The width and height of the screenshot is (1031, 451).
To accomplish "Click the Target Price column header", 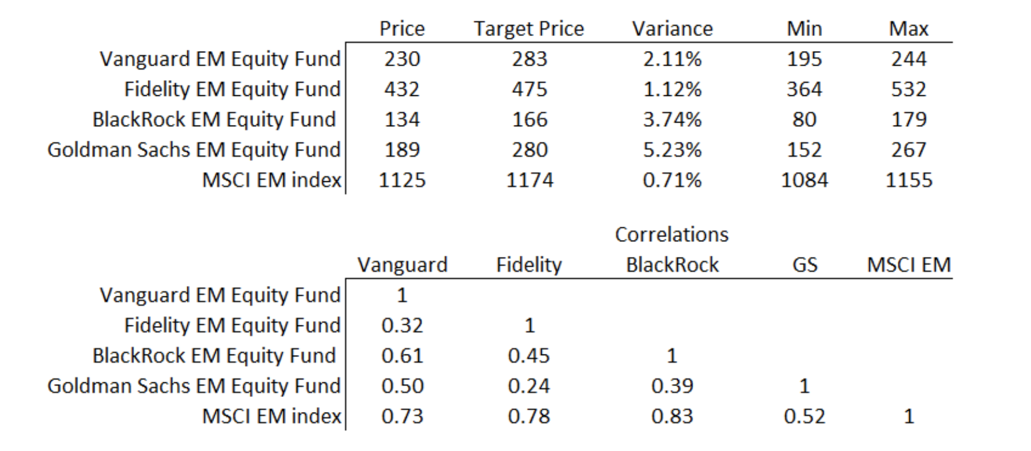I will tap(528, 28).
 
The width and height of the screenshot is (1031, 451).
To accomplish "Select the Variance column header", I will tap(672, 28).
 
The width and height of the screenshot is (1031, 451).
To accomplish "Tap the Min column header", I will tap(804, 28).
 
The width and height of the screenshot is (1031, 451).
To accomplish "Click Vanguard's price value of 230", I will tap(402, 59).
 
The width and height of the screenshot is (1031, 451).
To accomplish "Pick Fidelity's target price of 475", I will tap(529, 89).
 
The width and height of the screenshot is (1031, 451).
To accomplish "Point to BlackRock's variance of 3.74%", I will tap(672, 119).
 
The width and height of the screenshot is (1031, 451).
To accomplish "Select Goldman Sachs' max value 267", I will tap(908, 149).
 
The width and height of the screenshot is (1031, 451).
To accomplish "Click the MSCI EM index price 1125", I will tap(402, 180).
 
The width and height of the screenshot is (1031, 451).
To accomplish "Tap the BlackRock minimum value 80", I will tap(804, 119).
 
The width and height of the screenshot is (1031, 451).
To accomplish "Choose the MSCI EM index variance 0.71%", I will tap(672, 180).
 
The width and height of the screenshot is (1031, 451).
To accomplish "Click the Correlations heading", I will tap(671, 234).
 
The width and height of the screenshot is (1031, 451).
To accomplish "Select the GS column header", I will tap(805, 264).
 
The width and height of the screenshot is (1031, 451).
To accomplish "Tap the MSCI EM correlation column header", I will tap(908, 264).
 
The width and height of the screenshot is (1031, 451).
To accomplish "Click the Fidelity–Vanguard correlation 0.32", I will tap(402, 325).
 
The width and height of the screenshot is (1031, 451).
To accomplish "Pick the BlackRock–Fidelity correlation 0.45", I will tap(529, 355).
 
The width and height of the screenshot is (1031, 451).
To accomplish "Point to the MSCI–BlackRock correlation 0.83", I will tap(672, 416).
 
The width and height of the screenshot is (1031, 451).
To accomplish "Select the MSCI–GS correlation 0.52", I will tap(804, 416).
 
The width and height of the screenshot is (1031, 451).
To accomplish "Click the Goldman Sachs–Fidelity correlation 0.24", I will tap(529, 385).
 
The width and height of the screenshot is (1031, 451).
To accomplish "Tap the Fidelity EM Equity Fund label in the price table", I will tap(232, 89).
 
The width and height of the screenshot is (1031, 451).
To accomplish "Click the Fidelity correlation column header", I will tap(529, 264).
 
